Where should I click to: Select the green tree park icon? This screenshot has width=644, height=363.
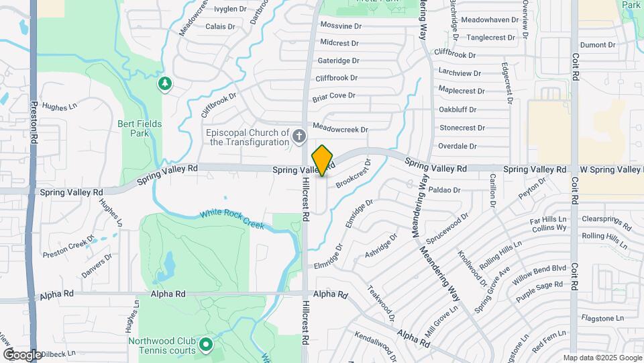164,84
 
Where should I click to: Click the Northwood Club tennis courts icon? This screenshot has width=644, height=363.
206,346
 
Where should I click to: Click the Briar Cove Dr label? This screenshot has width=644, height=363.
333,96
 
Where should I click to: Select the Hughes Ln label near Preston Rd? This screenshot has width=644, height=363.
60,106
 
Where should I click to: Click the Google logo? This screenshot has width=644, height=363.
22,354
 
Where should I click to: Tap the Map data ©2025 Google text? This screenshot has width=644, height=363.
602,358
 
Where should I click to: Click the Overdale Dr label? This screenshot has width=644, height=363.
457,146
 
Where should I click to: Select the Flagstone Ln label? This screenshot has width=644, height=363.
598,318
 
